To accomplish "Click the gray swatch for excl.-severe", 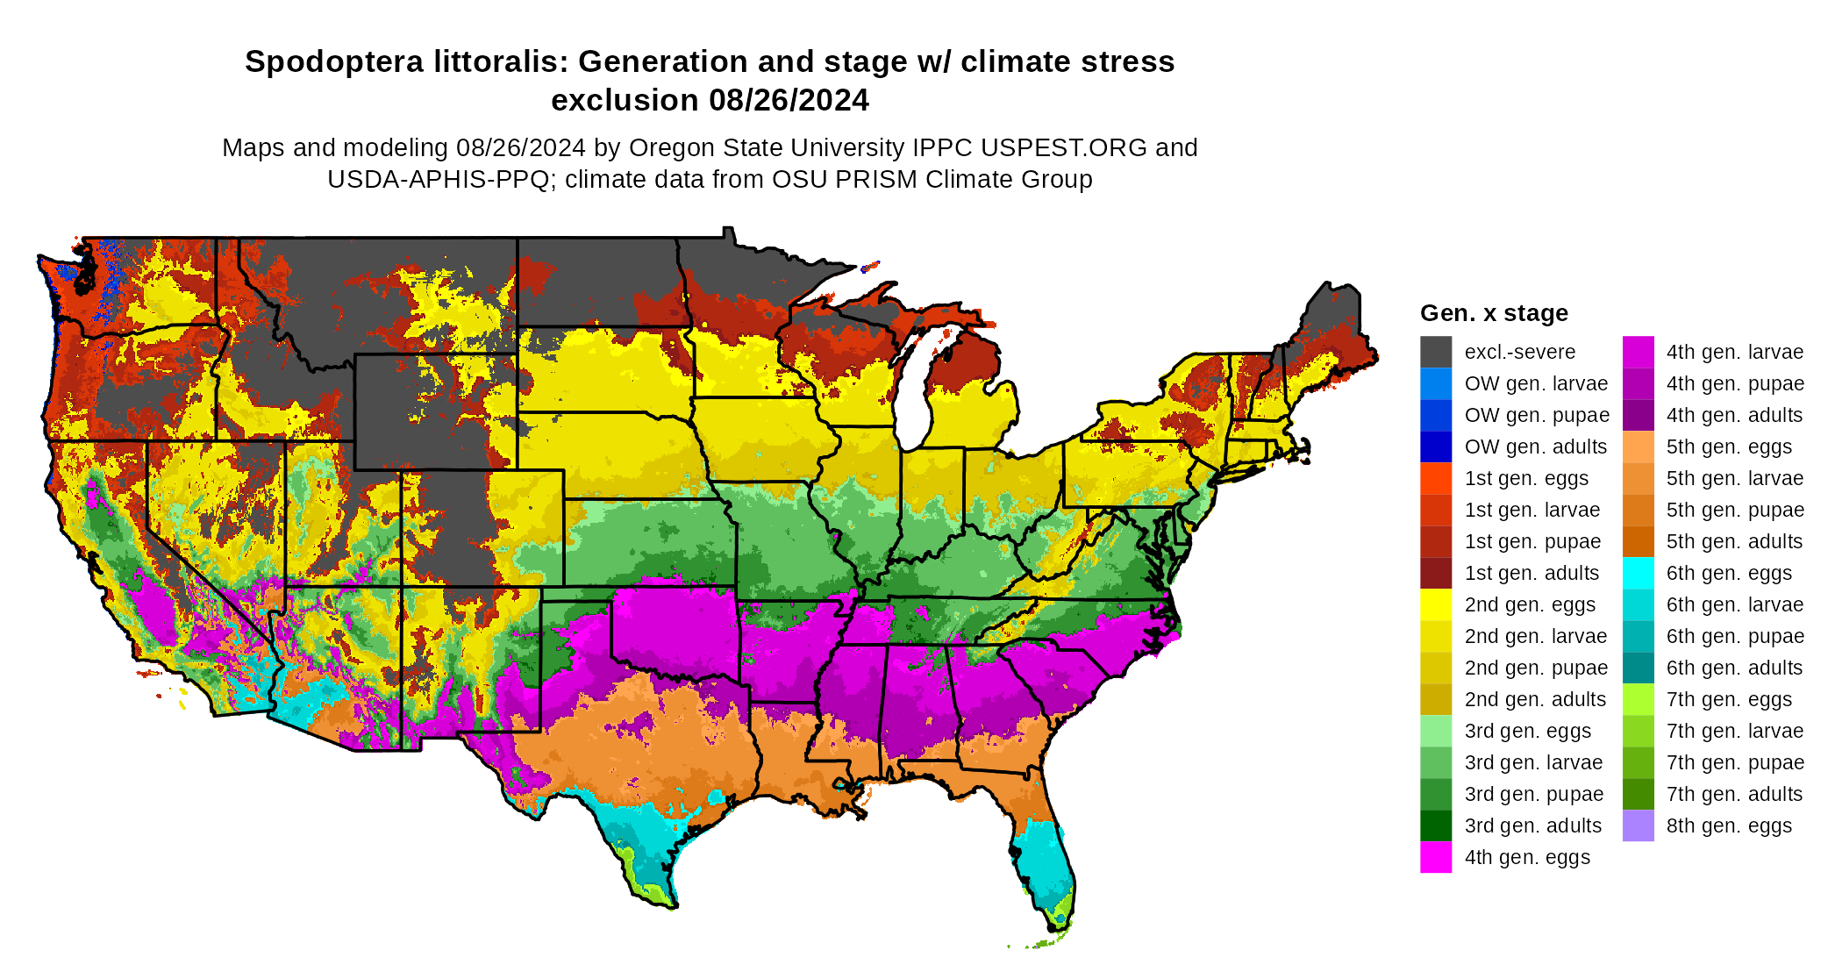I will pos(1436,352).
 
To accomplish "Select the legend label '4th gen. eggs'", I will pos(1527,857).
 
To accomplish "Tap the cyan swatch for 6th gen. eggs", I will pos(1638,573).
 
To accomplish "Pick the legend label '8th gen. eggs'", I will pos(1729,825).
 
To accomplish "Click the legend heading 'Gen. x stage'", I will pos(1494,313).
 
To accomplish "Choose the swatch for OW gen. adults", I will pos(1436,447).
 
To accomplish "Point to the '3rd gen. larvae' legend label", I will pos(1533,762).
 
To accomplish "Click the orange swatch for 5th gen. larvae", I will pos(1638,478).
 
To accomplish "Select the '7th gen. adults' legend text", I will pos(1734,794).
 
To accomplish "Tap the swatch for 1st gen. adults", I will pos(1436,573).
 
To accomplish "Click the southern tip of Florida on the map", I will pos(1059,925).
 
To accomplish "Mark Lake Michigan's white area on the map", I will pos(914,395).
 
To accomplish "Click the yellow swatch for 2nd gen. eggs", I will pos(1436,604).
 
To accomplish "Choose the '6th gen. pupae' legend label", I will pos(1735,636).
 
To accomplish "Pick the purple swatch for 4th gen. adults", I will pos(1638,415).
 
